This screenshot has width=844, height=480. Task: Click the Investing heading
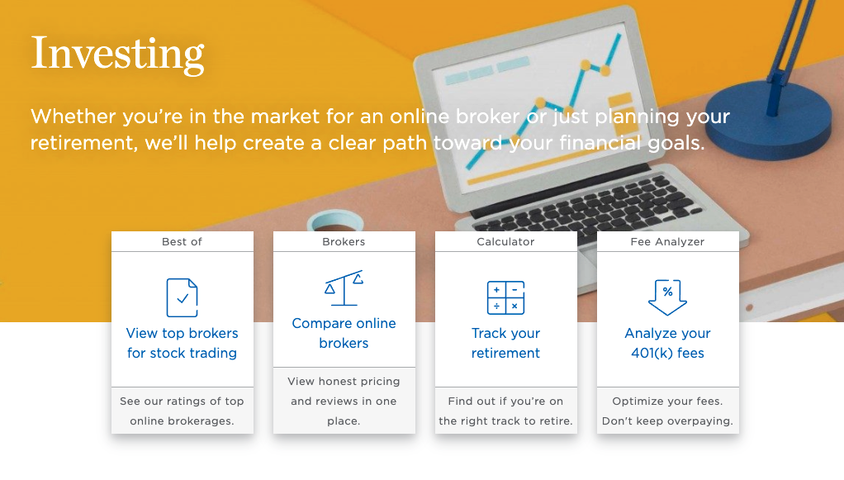(117, 54)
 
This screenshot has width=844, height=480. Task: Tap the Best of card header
(182, 242)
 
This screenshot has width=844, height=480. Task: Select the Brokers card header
(344, 242)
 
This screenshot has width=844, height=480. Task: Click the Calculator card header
(505, 242)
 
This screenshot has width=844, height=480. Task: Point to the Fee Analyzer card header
(667, 242)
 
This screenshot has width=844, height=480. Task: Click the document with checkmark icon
(182, 297)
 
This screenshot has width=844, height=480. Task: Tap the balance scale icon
(344, 288)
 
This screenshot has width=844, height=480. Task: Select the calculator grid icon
(505, 297)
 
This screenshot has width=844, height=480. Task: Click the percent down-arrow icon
(667, 297)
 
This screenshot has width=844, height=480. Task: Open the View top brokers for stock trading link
(182, 343)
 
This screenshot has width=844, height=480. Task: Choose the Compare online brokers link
(344, 333)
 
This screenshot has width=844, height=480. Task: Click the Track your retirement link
(505, 343)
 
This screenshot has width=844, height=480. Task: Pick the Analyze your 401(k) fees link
(667, 343)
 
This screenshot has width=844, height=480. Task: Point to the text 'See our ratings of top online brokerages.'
(182, 411)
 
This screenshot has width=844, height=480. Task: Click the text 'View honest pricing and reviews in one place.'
(344, 401)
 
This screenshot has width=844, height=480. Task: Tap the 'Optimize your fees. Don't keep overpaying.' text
(667, 411)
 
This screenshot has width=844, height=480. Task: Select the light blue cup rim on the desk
(335, 220)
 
